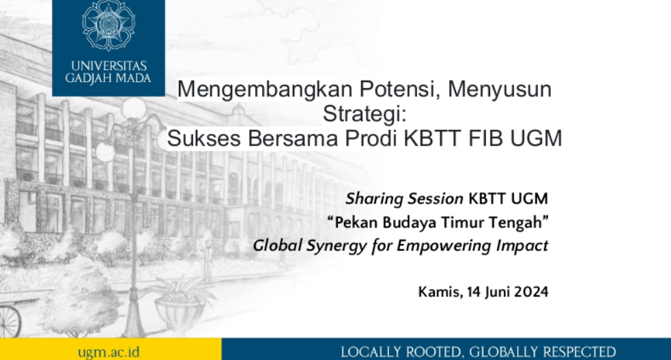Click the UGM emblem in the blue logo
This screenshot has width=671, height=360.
point(109,26)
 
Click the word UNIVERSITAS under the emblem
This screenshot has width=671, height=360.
point(109,66)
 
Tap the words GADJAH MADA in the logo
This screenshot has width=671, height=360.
point(109,79)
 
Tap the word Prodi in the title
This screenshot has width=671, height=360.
point(367,139)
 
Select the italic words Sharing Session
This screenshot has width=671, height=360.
point(404,199)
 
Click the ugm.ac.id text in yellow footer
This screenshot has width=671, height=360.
point(109,351)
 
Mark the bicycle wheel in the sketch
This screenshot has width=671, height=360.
point(8,321)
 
